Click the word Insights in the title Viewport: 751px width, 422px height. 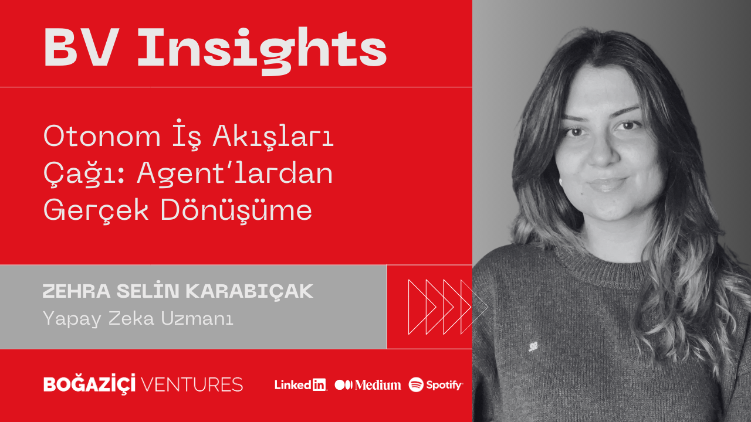262,48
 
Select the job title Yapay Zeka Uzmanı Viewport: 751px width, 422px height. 138,319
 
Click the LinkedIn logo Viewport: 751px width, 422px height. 300,385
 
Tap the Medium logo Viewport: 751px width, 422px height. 368,385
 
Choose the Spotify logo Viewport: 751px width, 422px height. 436,385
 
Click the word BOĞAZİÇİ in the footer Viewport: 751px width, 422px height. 90,384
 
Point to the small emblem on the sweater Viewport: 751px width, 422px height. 533,346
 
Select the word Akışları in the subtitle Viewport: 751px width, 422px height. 282,137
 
